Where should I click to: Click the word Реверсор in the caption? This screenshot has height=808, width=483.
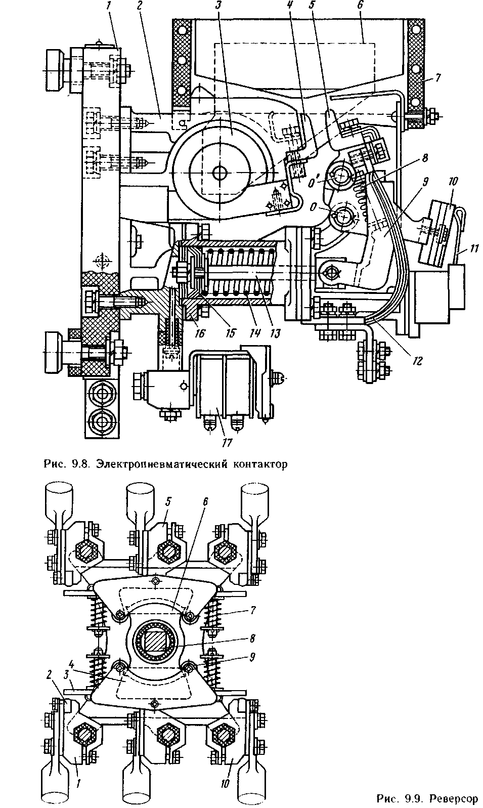453,799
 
